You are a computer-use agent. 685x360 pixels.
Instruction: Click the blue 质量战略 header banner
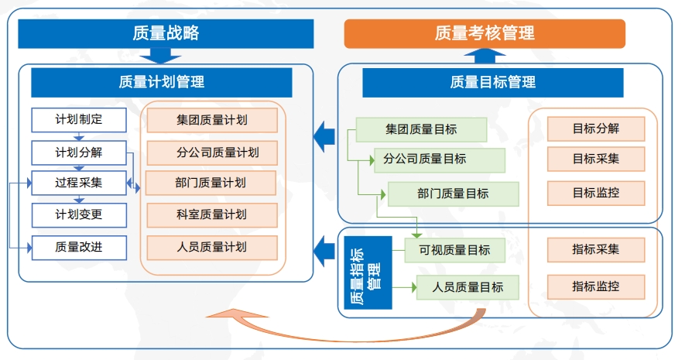(x=166, y=33)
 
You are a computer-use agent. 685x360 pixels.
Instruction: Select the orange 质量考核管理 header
(x=485, y=33)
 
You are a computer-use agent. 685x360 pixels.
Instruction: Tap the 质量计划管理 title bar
(x=162, y=82)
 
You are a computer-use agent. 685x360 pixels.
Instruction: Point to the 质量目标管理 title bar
(x=493, y=82)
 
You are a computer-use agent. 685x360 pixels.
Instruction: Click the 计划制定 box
(x=79, y=120)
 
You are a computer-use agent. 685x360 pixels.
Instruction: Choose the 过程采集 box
(x=79, y=183)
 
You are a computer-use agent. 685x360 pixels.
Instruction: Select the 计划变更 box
(x=79, y=215)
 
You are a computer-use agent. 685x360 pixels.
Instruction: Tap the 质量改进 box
(x=79, y=248)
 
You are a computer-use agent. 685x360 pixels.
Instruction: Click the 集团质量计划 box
(x=212, y=120)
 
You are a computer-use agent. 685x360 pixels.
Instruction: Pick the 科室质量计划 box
(x=212, y=215)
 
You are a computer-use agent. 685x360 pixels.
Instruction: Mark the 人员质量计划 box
(x=212, y=248)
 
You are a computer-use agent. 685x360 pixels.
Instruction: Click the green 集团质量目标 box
(x=422, y=130)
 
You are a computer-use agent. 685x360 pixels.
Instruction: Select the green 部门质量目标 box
(x=454, y=194)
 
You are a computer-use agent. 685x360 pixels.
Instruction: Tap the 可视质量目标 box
(x=455, y=250)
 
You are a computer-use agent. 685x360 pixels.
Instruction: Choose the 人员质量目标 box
(x=468, y=287)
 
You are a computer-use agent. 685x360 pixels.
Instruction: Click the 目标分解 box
(x=596, y=129)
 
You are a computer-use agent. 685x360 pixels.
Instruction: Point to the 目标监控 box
(x=596, y=193)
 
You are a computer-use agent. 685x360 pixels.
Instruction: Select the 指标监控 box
(x=596, y=287)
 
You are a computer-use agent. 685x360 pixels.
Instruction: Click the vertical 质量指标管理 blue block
(x=368, y=273)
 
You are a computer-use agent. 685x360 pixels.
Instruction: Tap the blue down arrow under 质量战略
(x=160, y=56)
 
